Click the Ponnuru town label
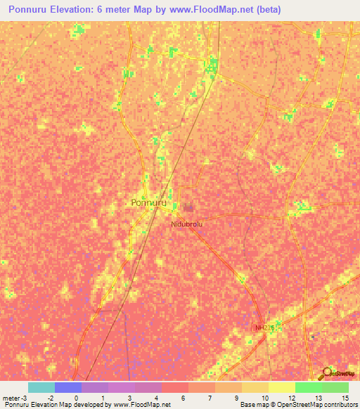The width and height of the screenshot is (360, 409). tap(148, 202)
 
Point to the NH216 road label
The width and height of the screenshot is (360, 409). tap(264, 327)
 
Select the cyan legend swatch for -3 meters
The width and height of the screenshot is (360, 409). tap(41, 387)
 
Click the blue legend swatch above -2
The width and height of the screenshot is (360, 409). tap(67, 387)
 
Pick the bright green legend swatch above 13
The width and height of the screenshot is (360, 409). tap(308, 387)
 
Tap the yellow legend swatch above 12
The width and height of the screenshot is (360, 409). tap(281, 387)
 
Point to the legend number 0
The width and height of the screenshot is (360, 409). tap(75, 397)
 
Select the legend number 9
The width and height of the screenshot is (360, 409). tap(236, 397)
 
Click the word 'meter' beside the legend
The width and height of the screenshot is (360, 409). tap(12, 397)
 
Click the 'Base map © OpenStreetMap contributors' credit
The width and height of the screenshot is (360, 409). tap(298, 405)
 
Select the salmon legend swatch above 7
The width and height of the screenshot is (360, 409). tap(201, 387)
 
